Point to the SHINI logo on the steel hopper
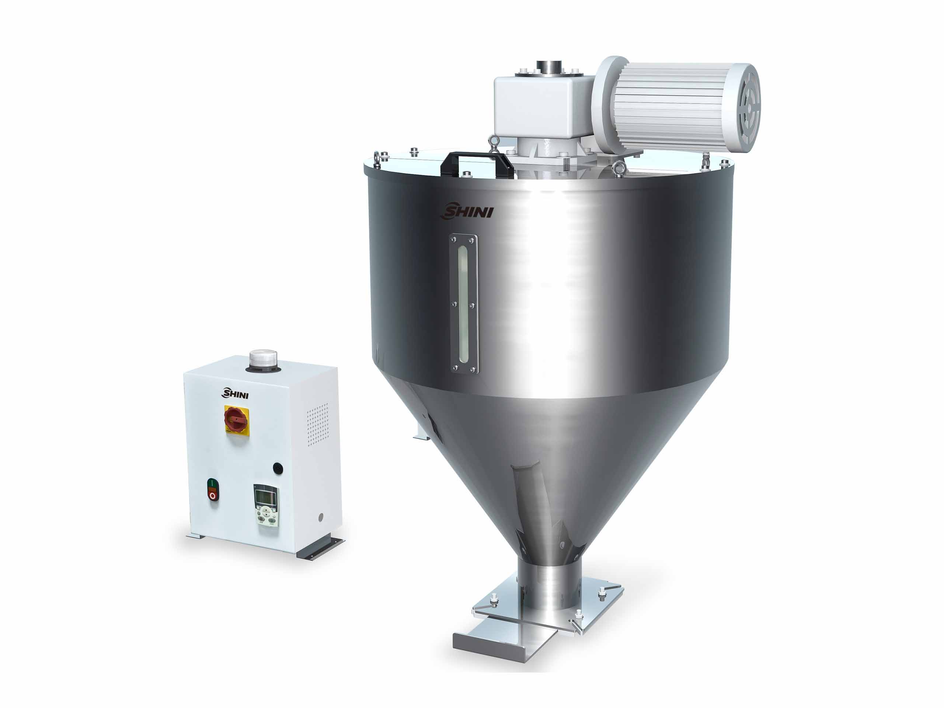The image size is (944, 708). pos(467,211)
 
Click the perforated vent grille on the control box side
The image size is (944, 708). pos(318,425)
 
